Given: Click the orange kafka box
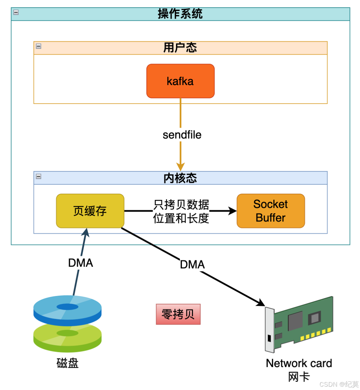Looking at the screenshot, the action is coord(180,81).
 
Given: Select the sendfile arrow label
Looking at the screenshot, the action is coord(182,135).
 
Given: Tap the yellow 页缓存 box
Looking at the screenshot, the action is coord(90,211).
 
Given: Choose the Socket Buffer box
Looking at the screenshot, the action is coord(271,211).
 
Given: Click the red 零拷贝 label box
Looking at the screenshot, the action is coord(178,314).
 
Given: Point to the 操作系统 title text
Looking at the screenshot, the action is coord(180,14).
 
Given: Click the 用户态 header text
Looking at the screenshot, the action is coord(180,48).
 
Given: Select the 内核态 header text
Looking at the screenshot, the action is coord(180,178).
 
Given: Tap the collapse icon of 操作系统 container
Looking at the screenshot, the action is coord(16,12).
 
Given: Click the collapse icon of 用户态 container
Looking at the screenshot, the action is coord(39,46).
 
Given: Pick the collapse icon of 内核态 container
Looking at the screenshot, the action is coord(39,176).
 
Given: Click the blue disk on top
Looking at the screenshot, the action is coord(67,310).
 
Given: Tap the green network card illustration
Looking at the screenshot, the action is coord(299,324).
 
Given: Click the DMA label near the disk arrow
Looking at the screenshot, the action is coord(81,263).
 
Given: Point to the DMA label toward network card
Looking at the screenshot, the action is coord(192,264).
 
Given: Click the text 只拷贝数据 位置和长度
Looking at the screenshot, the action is coord(181,211).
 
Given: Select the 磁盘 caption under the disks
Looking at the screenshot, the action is coord(67,363).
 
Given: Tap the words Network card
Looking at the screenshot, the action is coord(299,363).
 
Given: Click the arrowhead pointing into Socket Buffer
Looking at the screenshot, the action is coord(233,211).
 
